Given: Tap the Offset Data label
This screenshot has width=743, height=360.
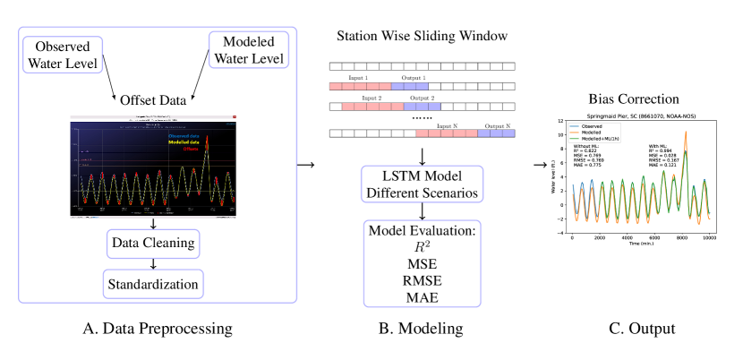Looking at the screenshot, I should pos(153,99).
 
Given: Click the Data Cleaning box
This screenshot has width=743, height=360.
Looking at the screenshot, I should pos(153,243).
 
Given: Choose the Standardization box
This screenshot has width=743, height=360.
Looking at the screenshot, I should pos(153,284).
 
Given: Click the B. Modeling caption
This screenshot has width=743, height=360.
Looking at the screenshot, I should pos(421,330).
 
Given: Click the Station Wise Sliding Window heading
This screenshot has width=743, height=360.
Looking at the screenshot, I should pos(422,37).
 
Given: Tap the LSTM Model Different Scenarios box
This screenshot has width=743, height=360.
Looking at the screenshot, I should pos(422,182).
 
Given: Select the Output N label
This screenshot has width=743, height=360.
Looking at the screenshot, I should pos(498,126).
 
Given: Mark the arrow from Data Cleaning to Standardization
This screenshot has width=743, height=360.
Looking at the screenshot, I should pos(153,263).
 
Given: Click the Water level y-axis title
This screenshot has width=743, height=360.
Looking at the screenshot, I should pos(557,176).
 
